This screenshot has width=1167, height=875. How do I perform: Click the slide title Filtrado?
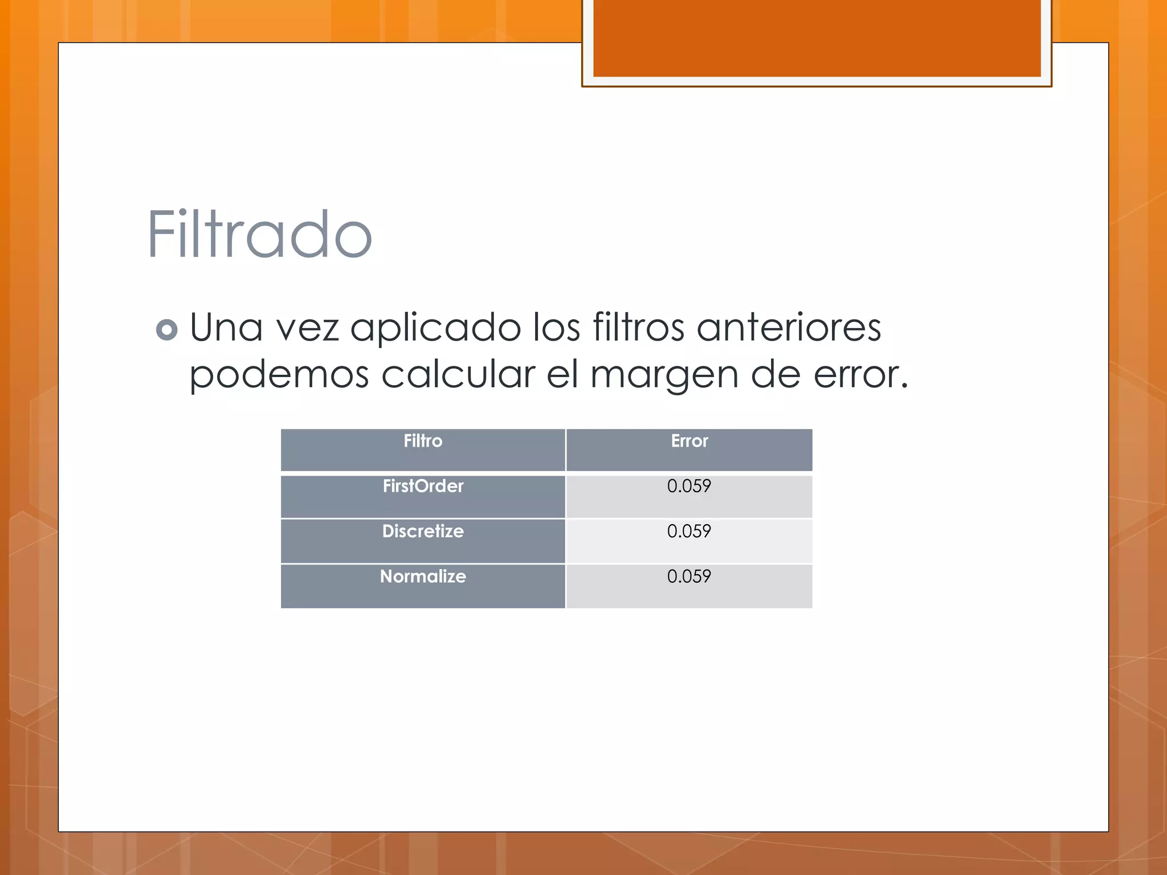click(260, 235)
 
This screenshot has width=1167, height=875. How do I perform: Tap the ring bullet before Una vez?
click(166, 330)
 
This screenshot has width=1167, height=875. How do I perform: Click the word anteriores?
click(789, 328)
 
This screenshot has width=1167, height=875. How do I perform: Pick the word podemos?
click(279, 375)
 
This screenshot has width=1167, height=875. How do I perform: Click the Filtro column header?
click(423, 441)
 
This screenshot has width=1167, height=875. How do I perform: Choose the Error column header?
click(689, 441)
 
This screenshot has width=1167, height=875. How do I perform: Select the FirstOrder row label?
click(423, 486)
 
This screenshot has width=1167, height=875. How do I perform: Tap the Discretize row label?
click(423, 531)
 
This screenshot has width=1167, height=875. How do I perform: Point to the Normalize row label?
click(423, 576)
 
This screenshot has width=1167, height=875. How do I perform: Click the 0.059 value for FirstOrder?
click(689, 486)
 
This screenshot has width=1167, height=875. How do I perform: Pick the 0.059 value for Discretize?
click(689, 531)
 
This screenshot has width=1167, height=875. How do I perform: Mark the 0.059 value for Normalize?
click(689, 576)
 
